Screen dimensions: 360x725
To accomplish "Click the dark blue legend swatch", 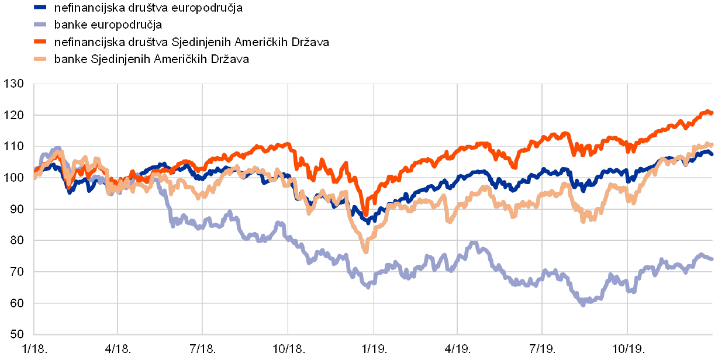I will point(40,8).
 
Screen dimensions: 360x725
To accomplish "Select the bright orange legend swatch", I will point(40,42).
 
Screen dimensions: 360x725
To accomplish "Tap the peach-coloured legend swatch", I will point(40,59).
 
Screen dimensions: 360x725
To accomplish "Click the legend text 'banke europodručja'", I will point(108,25).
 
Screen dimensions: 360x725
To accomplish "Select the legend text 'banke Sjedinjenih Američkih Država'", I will point(151,59).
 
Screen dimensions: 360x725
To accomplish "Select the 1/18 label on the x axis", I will point(33,348).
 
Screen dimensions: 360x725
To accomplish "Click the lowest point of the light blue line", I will point(583,304).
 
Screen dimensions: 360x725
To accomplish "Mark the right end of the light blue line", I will point(712,259).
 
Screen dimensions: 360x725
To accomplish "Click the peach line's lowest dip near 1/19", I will point(366,251).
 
